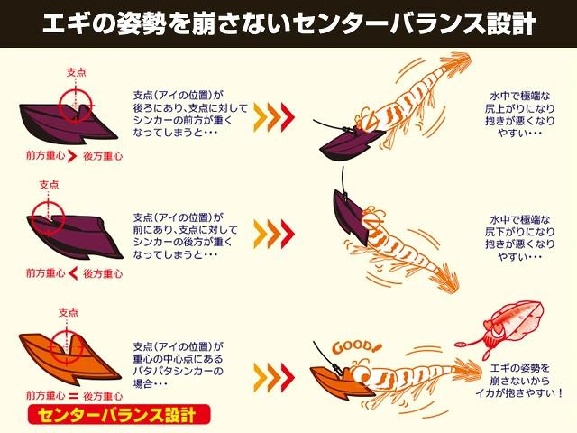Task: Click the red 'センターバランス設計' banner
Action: point(119,415)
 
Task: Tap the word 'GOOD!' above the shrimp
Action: point(357,347)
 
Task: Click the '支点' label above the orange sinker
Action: point(69,313)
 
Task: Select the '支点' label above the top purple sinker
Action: point(76,72)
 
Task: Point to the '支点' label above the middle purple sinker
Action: point(49,184)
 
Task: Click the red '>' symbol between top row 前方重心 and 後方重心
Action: point(72,156)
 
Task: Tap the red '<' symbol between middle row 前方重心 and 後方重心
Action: point(73,273)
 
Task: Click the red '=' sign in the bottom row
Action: point(74,397)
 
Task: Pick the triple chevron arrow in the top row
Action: point(274,116)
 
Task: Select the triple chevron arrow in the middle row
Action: point(274,234)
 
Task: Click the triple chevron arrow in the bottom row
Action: point(274,376)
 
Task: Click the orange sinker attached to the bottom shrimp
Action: point(334,382)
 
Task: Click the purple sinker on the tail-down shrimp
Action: point(351,216)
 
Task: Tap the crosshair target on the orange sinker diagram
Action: point(67,346)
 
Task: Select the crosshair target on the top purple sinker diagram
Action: point(76,106)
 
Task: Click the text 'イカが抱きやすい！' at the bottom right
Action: point(519,393)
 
